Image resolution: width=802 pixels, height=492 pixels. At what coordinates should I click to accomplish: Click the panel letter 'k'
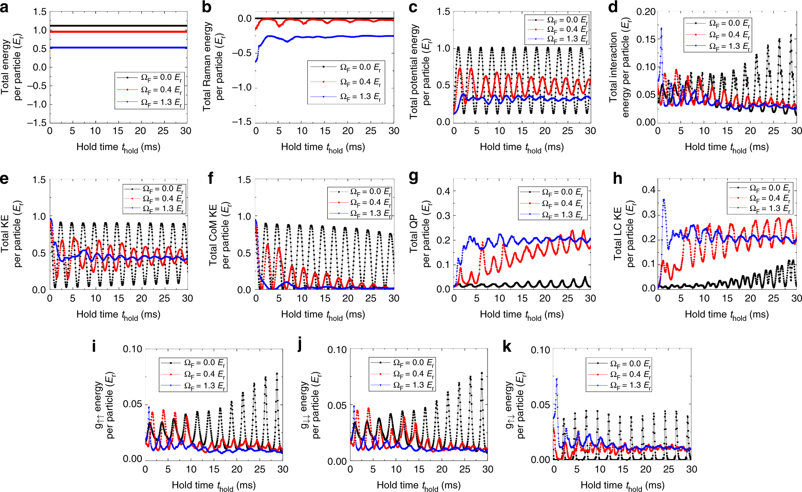(507, 347)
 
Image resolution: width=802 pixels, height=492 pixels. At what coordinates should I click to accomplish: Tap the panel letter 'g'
(414, 176)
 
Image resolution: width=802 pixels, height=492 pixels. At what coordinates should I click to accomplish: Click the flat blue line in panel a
(118, 48)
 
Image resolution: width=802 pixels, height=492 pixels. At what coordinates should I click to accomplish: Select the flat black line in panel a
(118, 26)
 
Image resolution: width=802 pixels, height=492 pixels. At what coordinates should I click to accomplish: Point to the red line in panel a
(118, 31)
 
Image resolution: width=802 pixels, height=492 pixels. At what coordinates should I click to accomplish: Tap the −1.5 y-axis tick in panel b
(242, 122)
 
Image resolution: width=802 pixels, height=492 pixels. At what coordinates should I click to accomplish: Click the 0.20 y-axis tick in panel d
(646, 12)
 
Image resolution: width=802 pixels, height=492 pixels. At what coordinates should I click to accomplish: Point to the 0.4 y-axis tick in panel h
(648, 190)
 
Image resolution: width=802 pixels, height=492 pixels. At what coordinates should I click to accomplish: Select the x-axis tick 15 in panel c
(522, 131)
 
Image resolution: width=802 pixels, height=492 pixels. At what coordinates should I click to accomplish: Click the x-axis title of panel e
(118, 315)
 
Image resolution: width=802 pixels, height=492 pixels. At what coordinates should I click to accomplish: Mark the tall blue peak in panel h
(663, 200)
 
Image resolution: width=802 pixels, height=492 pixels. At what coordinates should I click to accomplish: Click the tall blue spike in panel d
(661, 29)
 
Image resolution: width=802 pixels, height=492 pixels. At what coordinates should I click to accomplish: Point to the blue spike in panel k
(557, 380)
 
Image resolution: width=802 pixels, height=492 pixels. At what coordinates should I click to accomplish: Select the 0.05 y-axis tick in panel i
(132, 404)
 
